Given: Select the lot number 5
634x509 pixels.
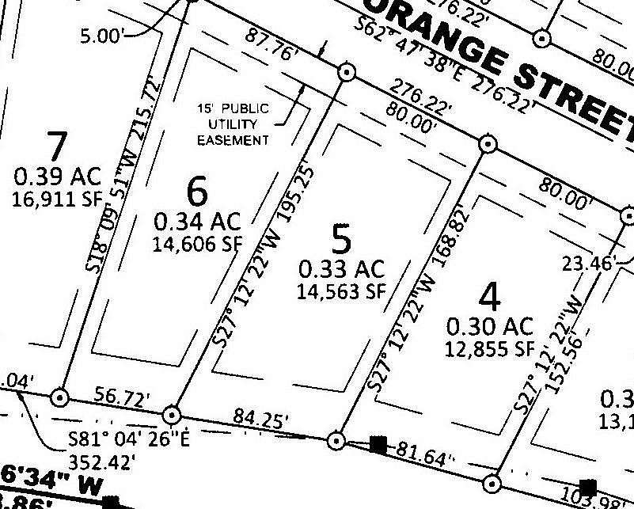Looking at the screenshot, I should click(x=340, y=238).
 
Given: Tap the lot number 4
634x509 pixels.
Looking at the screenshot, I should click(x=491, y=298).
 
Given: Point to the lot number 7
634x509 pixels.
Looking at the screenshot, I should click(x=57, y=147).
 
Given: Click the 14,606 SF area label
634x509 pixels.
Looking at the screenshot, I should click(x=196, y=244).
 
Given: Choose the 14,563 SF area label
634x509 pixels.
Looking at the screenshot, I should click(x=340, y=291).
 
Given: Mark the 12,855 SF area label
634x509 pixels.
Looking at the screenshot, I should click(x=491, y=348).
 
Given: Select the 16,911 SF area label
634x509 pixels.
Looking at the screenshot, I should click(x=58, y=199).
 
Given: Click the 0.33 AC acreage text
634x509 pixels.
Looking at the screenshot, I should click(x=340, y=268).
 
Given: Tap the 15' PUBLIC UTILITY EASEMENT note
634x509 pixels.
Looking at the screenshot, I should click(x=234, y=124).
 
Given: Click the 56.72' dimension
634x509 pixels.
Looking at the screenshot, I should click(x=122, y=398).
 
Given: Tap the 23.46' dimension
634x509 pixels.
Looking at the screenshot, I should click(x=587, y=262).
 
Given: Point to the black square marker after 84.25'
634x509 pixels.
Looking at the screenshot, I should click(x=379, y=444).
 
